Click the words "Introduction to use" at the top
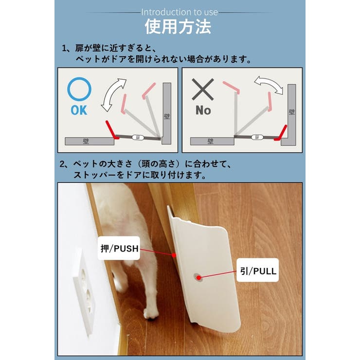point(180,12)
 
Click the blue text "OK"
point(79,110)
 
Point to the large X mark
point(203,90)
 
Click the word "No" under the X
point(203,110)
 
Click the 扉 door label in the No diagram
point(256,138)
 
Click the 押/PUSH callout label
point(119,249)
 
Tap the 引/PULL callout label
point(258,271)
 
